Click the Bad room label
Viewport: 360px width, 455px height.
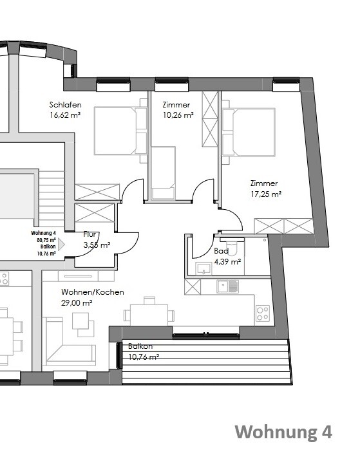tap(221, 252)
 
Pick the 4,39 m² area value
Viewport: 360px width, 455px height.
tap(227, 261)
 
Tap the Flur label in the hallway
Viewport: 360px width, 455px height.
tap(91, 235)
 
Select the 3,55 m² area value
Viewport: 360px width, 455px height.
tap(97, 245)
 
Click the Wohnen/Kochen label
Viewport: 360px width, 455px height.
tap(83, 292)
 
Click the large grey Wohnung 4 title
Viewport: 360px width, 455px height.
tap(283, 432)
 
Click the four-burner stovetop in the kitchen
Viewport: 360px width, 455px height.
tap(263, 313)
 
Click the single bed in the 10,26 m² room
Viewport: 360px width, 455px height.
tap(163, 172)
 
